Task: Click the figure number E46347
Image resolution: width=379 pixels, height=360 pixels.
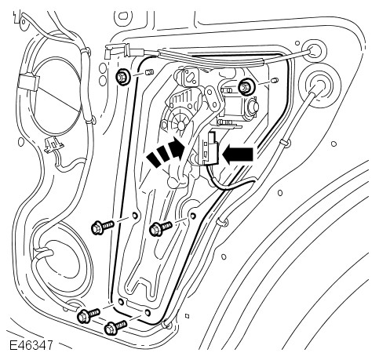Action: click(31, 345)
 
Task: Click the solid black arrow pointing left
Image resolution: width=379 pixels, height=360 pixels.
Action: click(238, 155)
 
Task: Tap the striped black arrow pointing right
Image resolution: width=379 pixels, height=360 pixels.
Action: click(166, 153)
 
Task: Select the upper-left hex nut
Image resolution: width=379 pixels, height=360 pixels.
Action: click(122, 78)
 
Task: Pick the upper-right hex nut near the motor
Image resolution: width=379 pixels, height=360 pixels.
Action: click(245, 86)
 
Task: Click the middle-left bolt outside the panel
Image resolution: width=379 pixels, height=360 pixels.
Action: click(102, 227)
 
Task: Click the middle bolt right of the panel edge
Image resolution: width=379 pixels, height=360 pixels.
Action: click(160, 228)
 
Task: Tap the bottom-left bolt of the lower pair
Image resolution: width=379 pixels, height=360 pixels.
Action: click(89, 315)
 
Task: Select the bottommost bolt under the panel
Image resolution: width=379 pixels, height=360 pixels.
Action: click(115, 328)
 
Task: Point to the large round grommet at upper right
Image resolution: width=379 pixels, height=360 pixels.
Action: click(319, 89)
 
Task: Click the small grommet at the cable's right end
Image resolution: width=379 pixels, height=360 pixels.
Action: click(313, 50)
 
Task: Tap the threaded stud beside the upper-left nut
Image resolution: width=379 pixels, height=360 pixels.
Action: click(149, 72)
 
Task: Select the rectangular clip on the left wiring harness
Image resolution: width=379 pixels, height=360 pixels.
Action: click(28, 82)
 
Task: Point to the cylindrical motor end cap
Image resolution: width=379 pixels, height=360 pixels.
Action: click(253, 106)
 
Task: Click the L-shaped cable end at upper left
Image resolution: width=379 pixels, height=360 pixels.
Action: click(112, 50)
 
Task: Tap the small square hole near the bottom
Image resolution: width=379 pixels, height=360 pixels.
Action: click(187, 316)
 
